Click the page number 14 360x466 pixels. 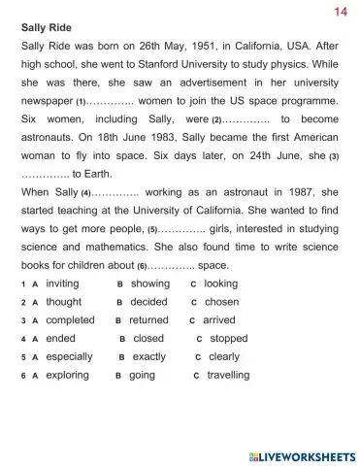coord(340,11)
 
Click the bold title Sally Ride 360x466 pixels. coord(49,27)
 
